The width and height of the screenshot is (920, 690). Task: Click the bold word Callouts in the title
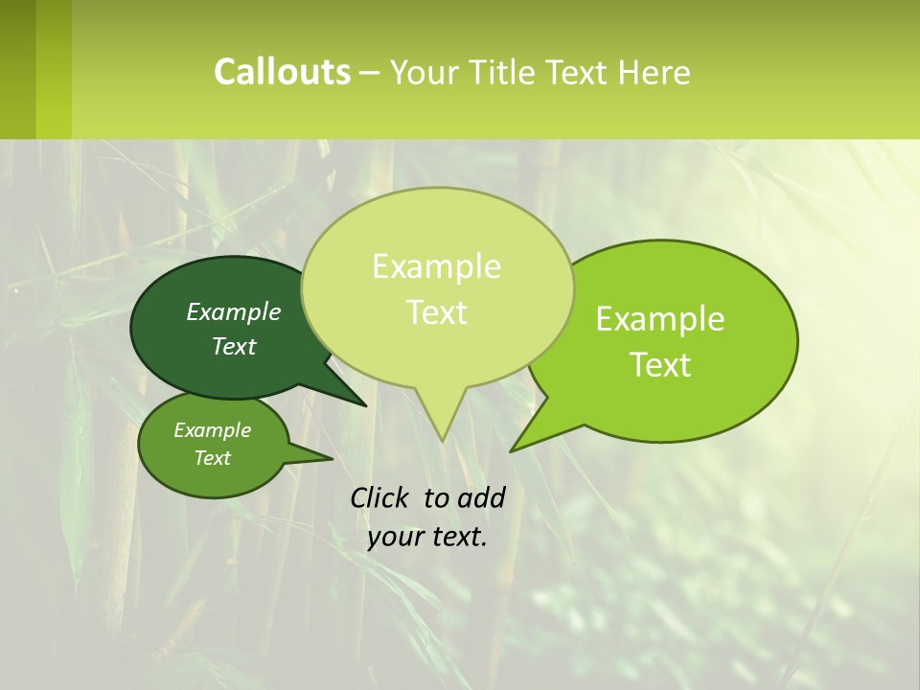tap(282, 72)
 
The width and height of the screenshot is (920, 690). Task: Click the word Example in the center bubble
tap(436, 266)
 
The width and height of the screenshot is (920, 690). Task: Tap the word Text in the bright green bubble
tap(661, 365)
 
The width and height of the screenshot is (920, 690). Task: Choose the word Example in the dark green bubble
tap(234, 311)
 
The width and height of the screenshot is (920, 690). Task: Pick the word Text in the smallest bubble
tap(212, 458)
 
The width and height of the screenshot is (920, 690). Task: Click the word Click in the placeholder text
tap(381, 497)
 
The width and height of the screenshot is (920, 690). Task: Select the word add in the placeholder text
tap(481, 497)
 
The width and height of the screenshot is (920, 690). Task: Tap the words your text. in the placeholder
tap(427, 537)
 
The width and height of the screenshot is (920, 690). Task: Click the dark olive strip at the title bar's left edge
tap(17, 69)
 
